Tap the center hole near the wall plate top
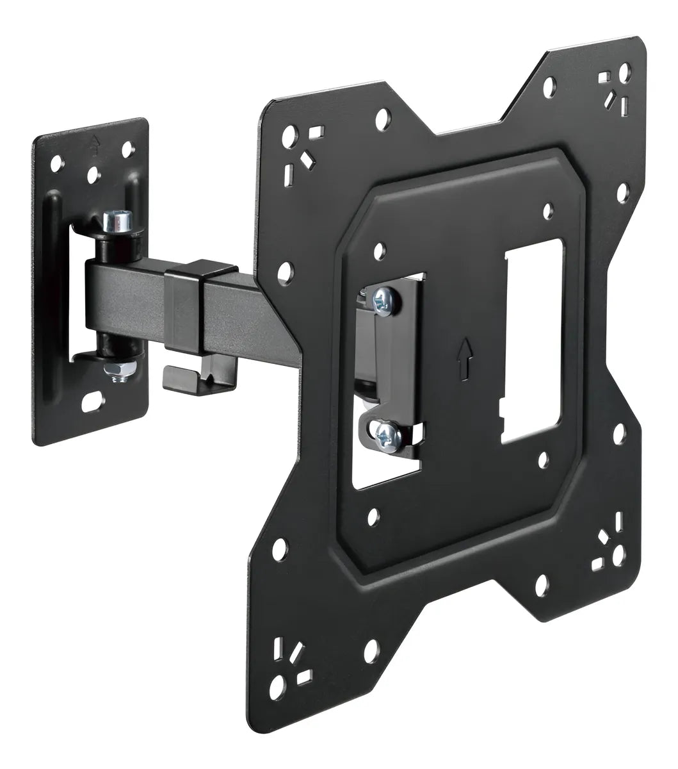click(94, 173)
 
